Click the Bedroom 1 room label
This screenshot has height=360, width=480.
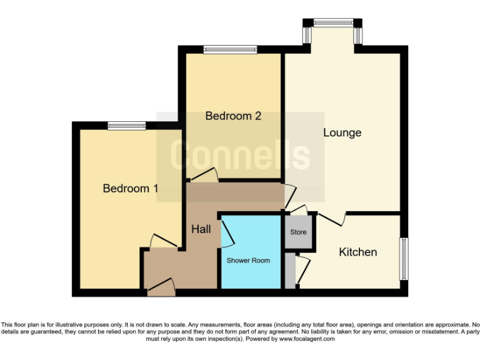coord(130,188)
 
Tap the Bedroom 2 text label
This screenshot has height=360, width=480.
coord(232,116)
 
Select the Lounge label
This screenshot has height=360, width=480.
coord(342,132)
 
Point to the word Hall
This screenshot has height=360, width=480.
coord(201,229)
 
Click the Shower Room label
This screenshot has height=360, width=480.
coord(248,260)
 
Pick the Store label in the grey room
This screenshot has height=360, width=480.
coord(298,232)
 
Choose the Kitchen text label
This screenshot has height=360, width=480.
coord(357,252)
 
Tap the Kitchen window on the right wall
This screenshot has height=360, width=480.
coord(404,259)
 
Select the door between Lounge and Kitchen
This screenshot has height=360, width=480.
coord(332,218)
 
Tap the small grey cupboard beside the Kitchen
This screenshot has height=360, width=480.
coord(290,270)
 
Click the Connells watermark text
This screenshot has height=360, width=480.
coord(241,156)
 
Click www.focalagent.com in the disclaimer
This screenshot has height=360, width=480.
coord(306,339)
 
